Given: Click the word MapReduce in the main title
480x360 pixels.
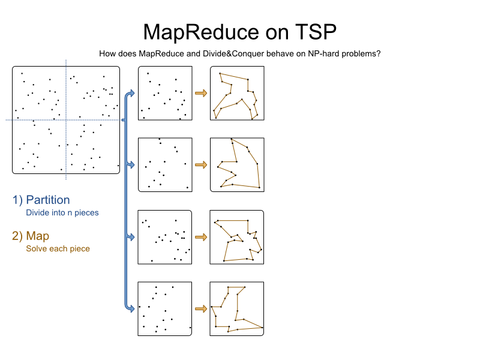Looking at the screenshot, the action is click(x=201, y=32).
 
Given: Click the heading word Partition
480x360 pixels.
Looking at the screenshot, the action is click(x=48, y=200).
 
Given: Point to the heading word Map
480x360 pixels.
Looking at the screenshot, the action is click(x=38, y=236).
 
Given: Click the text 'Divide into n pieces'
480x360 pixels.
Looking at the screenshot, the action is click(x=62, y=212).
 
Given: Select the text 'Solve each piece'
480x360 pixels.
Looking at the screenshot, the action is click(x=58, y=248).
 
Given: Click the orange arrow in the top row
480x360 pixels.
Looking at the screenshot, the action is click(x=201, y=93).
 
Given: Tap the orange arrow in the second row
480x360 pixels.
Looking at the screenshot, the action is click(x=201, y=165).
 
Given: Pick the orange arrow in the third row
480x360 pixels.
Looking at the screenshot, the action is click(x=201, y=237).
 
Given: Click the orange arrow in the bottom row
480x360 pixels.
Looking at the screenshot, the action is click(x=201, y=308).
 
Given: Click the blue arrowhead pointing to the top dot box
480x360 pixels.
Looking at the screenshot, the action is click(x=131, y=93).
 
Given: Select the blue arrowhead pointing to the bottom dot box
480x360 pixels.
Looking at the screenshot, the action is click(x=131, y=308).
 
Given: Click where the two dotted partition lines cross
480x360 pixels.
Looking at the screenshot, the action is click(x=66, y=120).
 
